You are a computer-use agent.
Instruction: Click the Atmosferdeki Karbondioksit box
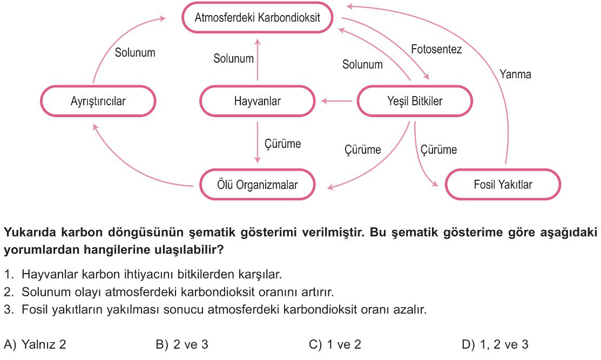(x=257, y=18)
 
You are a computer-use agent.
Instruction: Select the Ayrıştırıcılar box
(x=98, y=101)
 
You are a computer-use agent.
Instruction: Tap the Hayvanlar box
(x=257, y=101)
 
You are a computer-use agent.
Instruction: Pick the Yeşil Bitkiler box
(x=415, y=101)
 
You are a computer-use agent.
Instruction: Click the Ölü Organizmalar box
(x=257, y=185)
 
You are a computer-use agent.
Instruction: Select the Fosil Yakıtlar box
(x=503, y=185)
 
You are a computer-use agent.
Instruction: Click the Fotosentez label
(x=436, y=50)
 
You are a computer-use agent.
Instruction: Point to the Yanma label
(x=515, y=74)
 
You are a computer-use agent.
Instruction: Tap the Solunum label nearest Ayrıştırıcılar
(x=135, y=52)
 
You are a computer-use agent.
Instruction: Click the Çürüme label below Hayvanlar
(x=282, y=144)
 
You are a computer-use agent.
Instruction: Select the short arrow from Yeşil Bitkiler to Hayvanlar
(x=336, y=101)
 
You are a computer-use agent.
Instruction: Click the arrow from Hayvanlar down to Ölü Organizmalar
(x=257, y=142)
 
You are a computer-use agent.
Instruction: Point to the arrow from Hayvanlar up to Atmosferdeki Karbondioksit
(x=257, y=59)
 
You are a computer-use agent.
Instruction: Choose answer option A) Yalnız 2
(x=35, y=344)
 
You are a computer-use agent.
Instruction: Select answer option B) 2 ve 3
(x=182, y=344)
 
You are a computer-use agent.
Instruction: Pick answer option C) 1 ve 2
(x=335, y=344)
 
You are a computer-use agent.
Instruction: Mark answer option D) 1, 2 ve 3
(x=495, y=344)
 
